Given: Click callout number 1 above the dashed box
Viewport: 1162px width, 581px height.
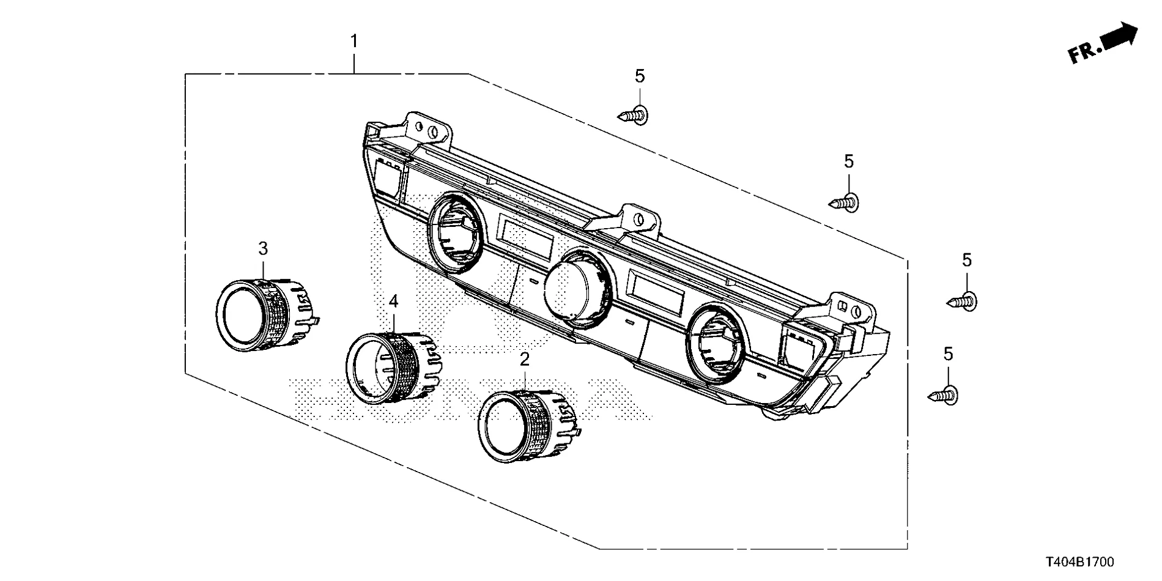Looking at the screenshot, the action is (353, 42).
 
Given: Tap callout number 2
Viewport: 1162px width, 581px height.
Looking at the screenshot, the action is (524, 359).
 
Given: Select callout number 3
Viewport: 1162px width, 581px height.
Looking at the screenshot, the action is (263, 248).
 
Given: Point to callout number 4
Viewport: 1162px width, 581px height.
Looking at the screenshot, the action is (393, 301).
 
